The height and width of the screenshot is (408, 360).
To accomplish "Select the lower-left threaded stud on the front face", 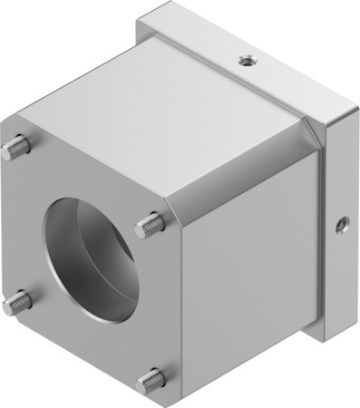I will [14, 302].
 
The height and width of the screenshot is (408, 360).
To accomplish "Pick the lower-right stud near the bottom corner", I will [151, 380].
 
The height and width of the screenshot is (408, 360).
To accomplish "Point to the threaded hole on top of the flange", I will [244, 61].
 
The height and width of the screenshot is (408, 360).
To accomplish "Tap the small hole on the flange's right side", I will [342, 222].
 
